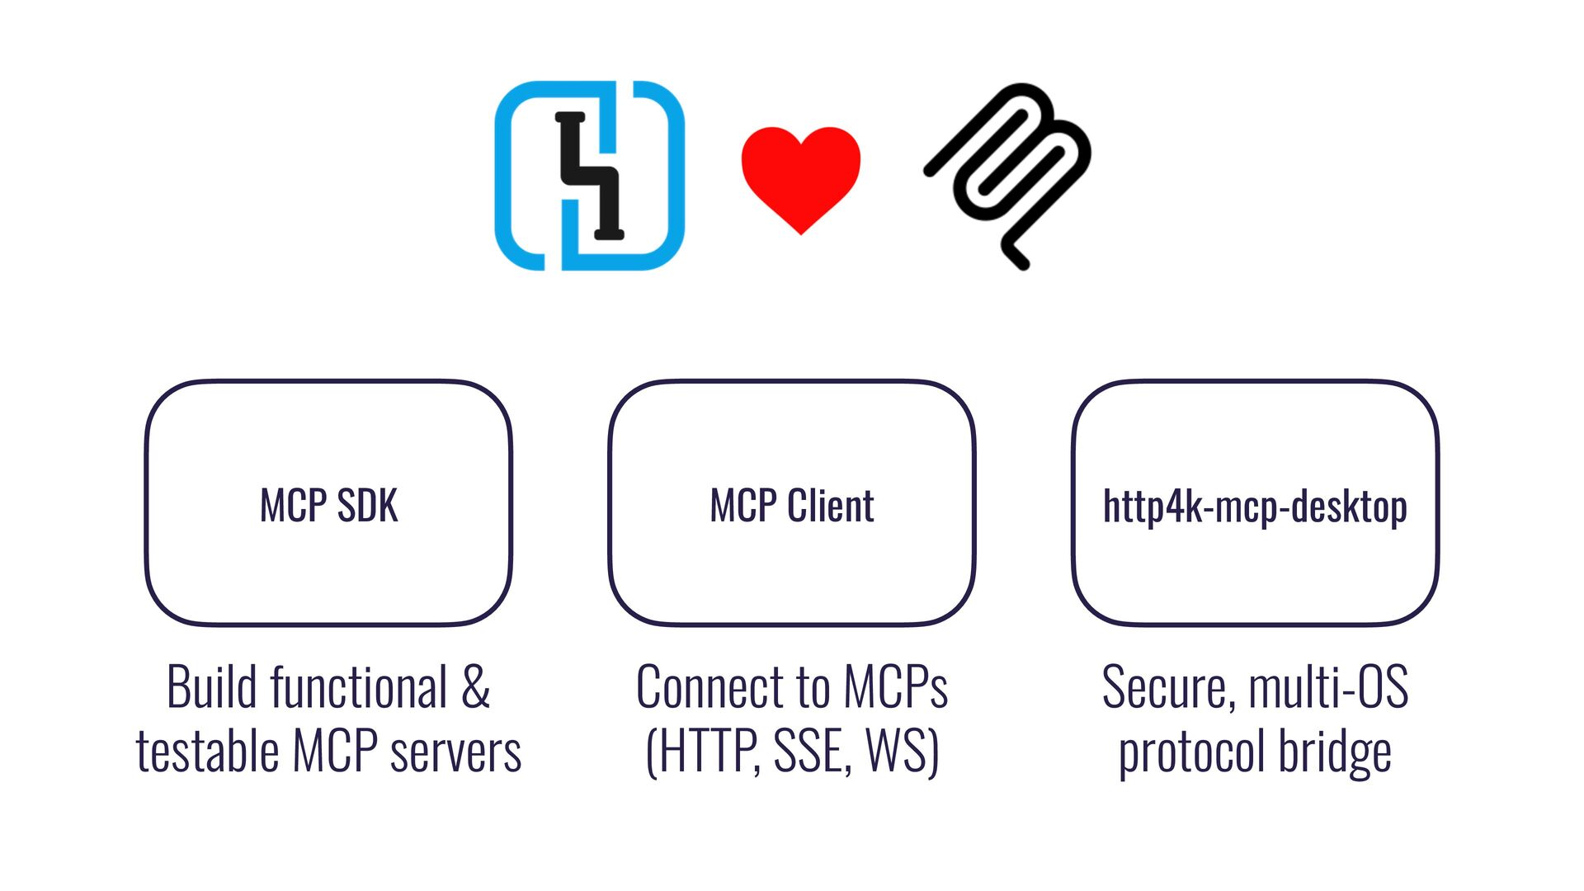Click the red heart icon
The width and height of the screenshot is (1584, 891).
tap(800, 177)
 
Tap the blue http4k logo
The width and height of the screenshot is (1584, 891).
tap(589, 176)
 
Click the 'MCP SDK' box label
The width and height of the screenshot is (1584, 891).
tap(328, 506)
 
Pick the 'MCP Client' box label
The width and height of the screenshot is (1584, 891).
tap(792, 506)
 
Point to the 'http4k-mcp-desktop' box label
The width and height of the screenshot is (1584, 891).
tap(1255, 507)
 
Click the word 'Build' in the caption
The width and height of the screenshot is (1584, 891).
tap(211, 687)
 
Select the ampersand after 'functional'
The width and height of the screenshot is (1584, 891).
tap(475, 687)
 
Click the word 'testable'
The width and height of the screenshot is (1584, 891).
tap(207, 752)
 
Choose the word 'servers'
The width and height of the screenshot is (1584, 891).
tap(455, 752)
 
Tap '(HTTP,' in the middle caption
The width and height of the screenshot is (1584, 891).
tap(703, 752)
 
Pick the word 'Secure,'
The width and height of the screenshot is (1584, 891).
tap(1168, 687)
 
